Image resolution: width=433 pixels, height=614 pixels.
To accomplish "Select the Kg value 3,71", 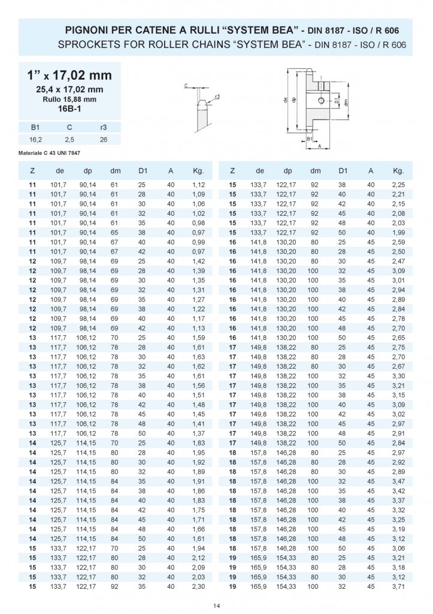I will point(398,586).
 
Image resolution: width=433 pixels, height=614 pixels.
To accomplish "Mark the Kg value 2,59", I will point(398,242).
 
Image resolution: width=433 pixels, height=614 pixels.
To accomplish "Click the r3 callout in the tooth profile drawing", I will point(217,96).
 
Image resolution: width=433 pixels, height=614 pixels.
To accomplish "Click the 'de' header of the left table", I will point(60,170).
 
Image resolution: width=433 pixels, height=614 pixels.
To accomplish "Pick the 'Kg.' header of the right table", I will point(398,170).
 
